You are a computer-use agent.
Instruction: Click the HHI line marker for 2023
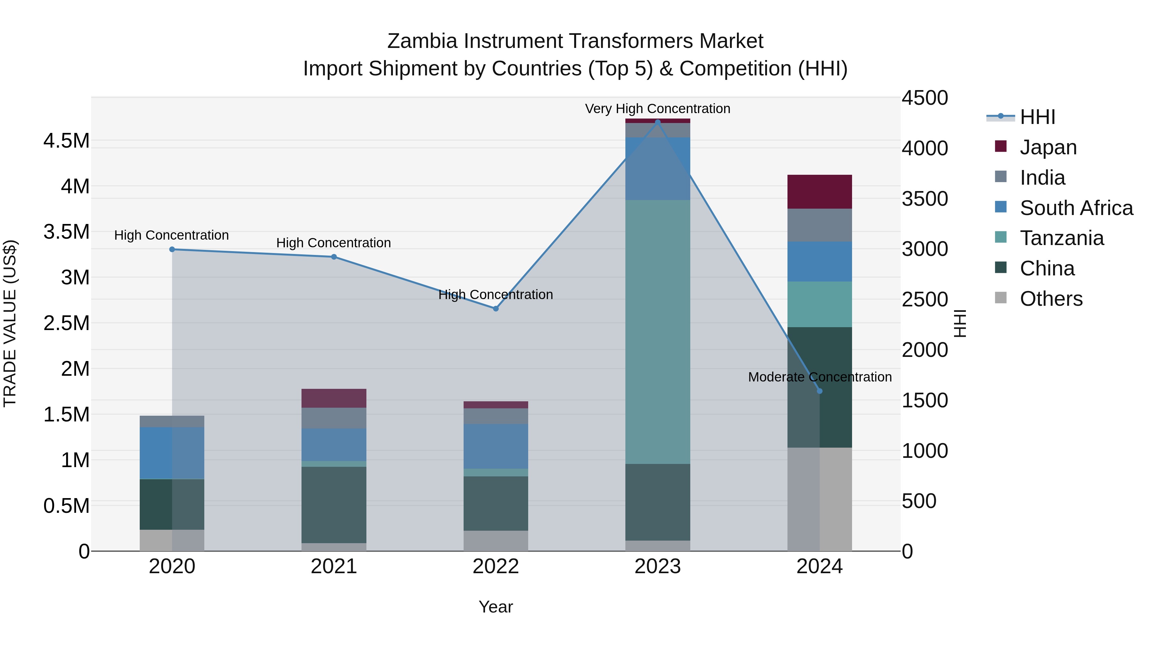(x=657, y=122)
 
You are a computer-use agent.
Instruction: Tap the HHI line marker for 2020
(x=172, y=249)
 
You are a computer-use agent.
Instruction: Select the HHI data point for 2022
(x=496, y=309)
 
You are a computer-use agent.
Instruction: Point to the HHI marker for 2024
(x=819, y=391)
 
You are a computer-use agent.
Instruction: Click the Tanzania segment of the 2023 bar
(x=657, y=331)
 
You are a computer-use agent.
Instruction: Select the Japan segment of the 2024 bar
(x=819, y=192)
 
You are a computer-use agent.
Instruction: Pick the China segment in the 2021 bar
(x=334, y=505)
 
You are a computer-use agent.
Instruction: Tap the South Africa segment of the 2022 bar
(x=496, y=446)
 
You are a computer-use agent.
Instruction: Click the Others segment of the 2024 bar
(x=819, y=499)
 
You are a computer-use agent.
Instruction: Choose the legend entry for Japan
(x=1048, y=147)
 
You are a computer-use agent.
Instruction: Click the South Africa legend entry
(x=1076, y=208)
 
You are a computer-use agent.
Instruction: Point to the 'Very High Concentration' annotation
(x=657, y=109)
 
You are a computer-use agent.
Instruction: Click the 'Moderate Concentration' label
(x=819, y=377)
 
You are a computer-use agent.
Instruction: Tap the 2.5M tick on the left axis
(x=67, y=323)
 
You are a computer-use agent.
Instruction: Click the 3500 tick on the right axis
(x=924, y=199)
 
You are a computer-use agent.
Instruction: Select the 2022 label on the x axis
(x=496, y=566)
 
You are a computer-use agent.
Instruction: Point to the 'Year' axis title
(x=496, y=607)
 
